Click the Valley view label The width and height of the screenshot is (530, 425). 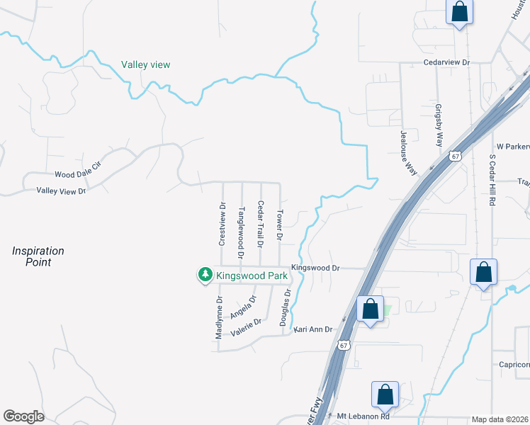click(x=145, y=64)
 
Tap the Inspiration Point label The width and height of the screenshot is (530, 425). click(x=38, y=256)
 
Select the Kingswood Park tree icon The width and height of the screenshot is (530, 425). click(x=205, y=274)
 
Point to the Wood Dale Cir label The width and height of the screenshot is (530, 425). click(x=79, y=169)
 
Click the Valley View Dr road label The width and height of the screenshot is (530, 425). click(x=61, y=191)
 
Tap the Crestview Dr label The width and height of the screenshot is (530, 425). click(x=222, y=224)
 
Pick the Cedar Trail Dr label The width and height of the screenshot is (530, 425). click(x=260, y=224)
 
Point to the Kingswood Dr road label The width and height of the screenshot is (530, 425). click(x=316, y=268)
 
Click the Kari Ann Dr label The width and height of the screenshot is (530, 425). click(x=312, y=329)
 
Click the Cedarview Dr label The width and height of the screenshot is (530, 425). click(x=446, y=62)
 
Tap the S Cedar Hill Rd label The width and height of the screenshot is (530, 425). click(x=492, y=178)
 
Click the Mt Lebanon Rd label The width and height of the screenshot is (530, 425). click(x=363, y=416)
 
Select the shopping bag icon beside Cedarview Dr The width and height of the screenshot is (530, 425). click(x=459, y=13)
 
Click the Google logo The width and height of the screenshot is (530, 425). click(x=24, y=416)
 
